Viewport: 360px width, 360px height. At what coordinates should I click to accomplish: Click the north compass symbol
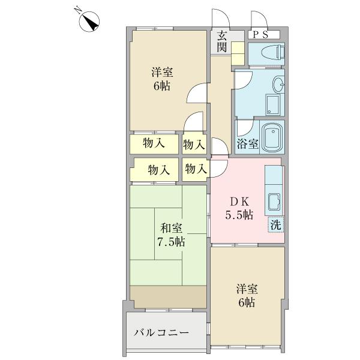[89, 21]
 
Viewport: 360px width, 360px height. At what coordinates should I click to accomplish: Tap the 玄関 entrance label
[222, 41]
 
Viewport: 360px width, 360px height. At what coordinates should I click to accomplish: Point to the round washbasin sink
[278, 84]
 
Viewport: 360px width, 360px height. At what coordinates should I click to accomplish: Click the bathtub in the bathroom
[273, 137]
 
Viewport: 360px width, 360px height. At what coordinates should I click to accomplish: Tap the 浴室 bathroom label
[247, 144]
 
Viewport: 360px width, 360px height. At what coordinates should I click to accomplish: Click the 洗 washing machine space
[276, 224]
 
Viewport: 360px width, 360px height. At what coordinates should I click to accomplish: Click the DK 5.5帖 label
[239, 208]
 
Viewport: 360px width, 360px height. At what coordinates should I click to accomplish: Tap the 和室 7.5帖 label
[171, 235]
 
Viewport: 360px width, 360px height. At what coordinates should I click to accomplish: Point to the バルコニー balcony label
[161, 332]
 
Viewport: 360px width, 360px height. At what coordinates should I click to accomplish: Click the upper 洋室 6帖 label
[162, 79]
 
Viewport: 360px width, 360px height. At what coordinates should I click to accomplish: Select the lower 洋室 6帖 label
[247, 296]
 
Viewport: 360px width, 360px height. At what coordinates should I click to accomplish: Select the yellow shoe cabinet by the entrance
[238, 53]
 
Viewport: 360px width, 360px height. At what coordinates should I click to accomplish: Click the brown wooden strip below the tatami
[168, 296]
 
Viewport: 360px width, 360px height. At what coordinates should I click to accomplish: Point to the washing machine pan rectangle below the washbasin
[273, 105]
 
